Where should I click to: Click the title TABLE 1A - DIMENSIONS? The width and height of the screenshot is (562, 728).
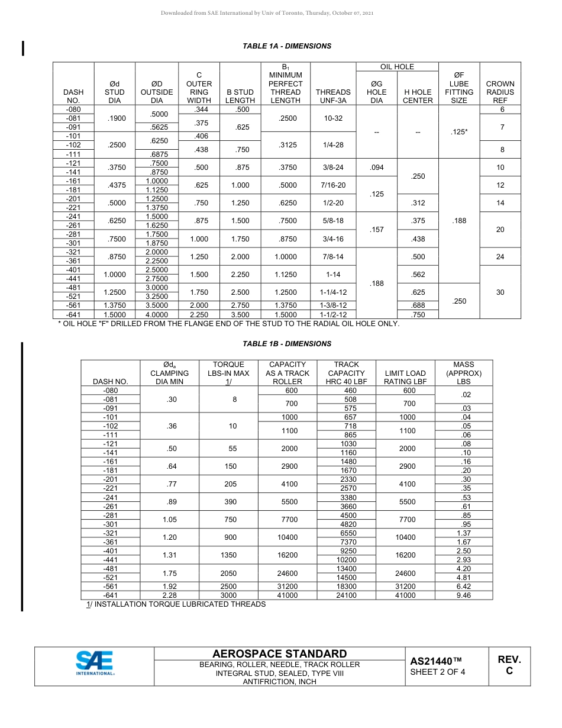point(287,46)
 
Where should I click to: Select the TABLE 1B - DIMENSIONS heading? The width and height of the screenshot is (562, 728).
point(287,344)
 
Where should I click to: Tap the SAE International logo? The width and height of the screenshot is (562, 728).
point(95,663)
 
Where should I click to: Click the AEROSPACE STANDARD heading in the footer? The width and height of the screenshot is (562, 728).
point(279,653)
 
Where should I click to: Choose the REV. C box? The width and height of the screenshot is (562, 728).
point(509,665)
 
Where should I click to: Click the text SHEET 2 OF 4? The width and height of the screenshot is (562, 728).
point(437,672)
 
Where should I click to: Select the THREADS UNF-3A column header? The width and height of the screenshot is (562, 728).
point(333,96)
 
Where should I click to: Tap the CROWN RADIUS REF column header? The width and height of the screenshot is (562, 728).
point(500,92)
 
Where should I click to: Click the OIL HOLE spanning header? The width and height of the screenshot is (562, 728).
point(397,67)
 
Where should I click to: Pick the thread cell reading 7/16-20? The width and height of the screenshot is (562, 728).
point(333,185)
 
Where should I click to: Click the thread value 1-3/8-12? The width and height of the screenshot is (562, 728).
point(333,305)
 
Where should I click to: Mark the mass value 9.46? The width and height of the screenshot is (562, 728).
point(464,595)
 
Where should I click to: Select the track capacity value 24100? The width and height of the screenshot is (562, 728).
point(346,595)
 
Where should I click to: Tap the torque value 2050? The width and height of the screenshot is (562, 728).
point(228,573)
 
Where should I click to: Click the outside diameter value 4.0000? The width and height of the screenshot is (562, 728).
point(157,315)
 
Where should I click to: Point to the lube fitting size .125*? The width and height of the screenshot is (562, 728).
point(459,132)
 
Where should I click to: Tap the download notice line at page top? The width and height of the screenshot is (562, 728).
point(267,12)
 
